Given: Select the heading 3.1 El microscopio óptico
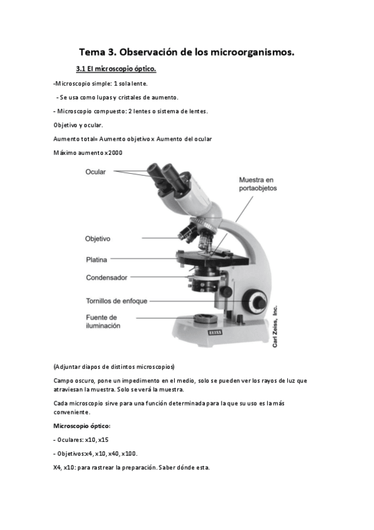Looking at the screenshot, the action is pos(116,69).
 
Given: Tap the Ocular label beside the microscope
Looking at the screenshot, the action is pos(96,172).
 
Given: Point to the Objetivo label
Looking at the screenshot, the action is pos(97,239).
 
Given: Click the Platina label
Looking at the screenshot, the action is pos(97,260).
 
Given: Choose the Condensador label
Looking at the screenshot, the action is pos(107,278).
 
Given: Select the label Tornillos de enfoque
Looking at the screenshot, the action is pos(117,301).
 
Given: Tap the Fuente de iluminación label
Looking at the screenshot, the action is pos(103,322).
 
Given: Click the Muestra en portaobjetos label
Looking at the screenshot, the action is pos(258,184).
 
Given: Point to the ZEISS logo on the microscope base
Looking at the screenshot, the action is pos(215,332).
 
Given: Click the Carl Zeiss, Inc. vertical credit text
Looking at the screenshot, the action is pos(275,326).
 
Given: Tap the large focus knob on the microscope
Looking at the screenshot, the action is pos(256,301).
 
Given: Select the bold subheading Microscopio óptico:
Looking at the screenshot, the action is pos(82,426).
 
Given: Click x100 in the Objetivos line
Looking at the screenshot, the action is pos(129,454).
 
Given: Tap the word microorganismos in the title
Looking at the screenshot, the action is pos(252,52).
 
